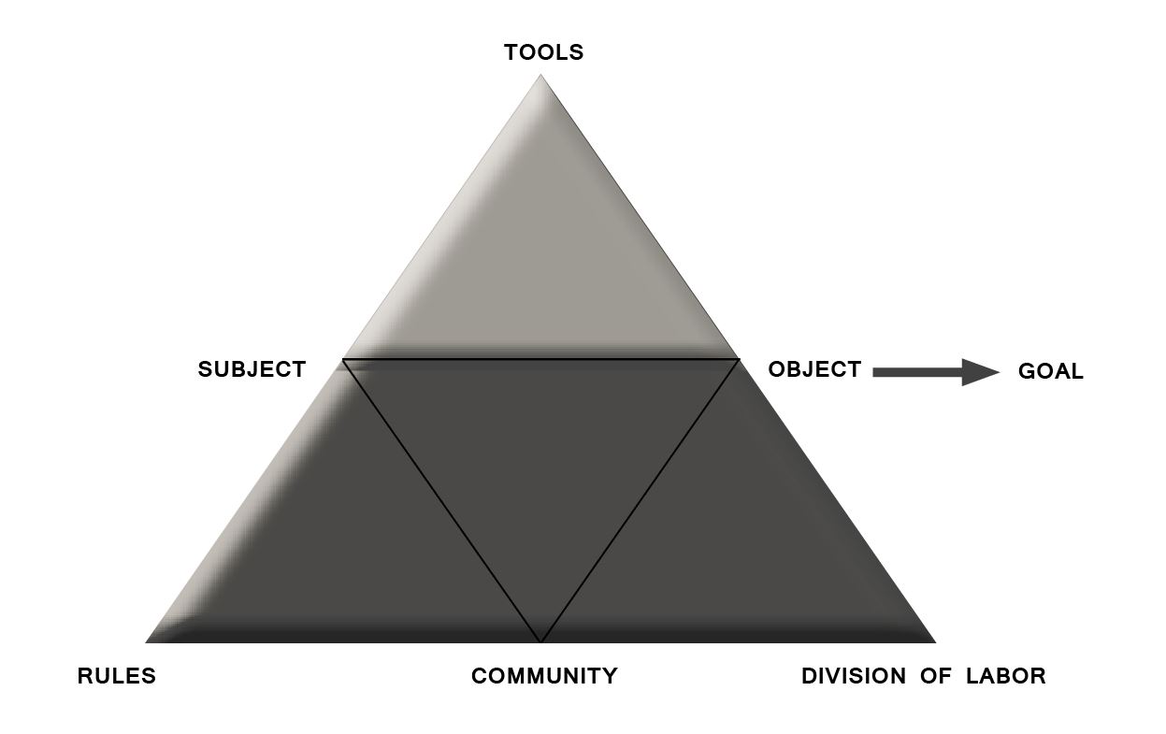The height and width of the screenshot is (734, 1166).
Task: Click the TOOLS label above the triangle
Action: pos(544,52)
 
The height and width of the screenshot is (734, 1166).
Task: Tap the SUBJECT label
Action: pos(252,369)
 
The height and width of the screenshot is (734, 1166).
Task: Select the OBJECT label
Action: pos(814,369)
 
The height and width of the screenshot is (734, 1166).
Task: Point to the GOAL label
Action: pos(1050,372)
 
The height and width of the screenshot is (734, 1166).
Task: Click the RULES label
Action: pos(117,676)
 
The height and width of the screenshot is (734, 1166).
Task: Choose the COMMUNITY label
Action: pos(544,676)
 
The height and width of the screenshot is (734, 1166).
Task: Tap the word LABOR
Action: pos(1006,676)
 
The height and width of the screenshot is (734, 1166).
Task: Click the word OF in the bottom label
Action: pos(936,676)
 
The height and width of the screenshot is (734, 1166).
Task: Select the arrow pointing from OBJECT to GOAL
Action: pos(936,372)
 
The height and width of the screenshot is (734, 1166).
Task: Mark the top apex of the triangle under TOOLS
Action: pos(540,75)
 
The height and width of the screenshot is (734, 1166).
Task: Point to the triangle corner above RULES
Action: pos(146,642)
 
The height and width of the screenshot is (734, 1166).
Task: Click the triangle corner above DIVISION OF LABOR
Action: pos(935,642)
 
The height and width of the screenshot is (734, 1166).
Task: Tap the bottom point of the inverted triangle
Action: pos(540,641)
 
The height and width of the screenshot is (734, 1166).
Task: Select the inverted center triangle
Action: pos(540,453)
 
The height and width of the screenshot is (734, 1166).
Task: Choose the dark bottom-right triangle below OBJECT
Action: pos(739,548)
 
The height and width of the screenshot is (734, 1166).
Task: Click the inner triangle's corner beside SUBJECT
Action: pos(342,359)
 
